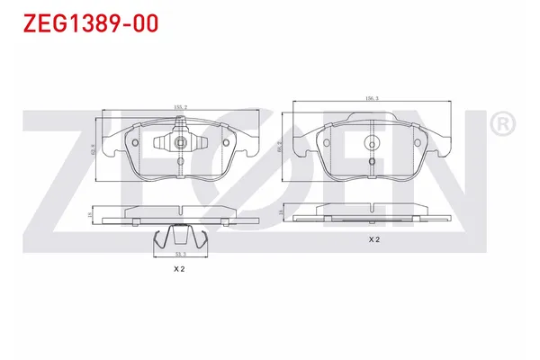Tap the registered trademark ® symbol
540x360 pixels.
click(501, 123)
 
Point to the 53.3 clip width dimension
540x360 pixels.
click(179, 255)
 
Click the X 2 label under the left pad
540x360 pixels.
click(179, 269)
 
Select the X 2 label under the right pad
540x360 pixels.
click(374, 239)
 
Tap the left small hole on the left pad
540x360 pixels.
click(135, 141)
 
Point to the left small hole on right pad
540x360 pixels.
click(325, 139)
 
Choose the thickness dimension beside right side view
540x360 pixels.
click(284, 211)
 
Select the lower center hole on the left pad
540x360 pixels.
click(180, 163)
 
